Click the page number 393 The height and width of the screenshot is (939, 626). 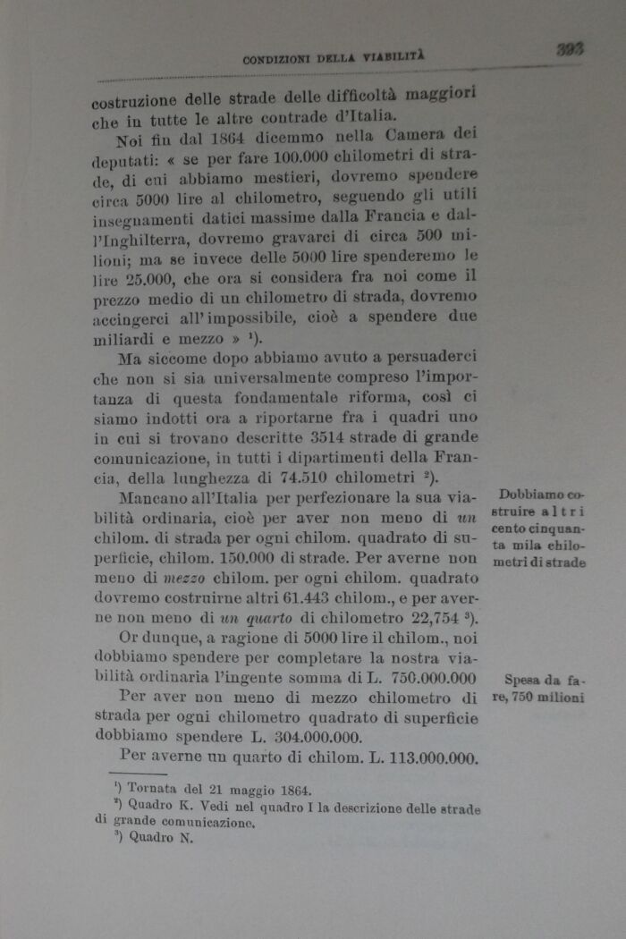[569, 49]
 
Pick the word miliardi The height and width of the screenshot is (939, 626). [124, 342]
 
